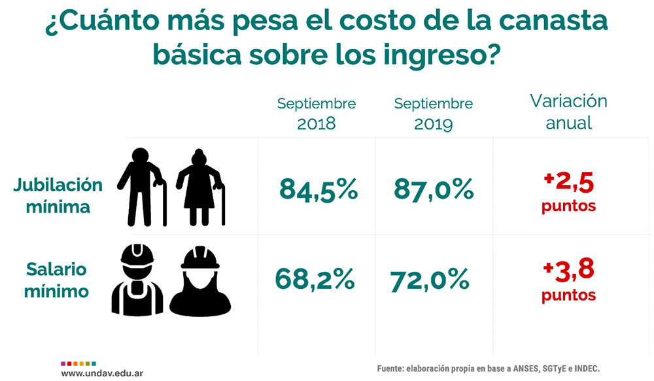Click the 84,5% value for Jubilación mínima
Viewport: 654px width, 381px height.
pos(318,190)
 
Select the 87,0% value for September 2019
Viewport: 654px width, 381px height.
pos(434,190)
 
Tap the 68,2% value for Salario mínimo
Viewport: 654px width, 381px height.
pos(315,280)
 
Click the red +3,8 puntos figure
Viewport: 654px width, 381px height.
pos(568,282)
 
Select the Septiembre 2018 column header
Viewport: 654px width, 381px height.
pos(317,113)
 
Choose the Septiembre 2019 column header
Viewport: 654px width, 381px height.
pos(434,113)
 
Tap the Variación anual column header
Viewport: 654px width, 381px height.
pos(568,112)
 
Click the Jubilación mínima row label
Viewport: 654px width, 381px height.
pos(58,195)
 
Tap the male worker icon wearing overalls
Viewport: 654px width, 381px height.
pos(137,280)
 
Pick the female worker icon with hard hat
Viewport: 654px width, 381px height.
pos(200,280)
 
